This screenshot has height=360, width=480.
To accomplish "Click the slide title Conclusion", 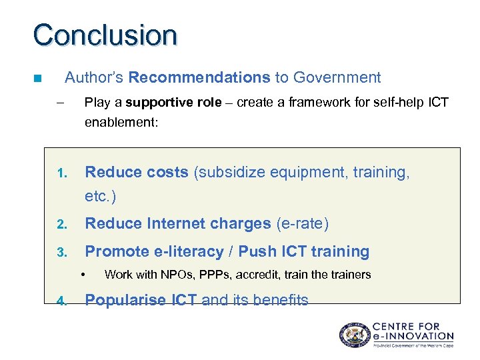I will [x=105, y=35].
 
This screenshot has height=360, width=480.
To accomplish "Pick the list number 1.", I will [x=61, y=174].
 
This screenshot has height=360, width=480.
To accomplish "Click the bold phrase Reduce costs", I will [x=137, y=172].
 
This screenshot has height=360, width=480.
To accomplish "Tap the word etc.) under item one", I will [x=101, y=197].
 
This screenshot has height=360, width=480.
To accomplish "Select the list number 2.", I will [x=61, y=225].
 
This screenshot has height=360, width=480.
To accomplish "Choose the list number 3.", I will [x=61, y=253].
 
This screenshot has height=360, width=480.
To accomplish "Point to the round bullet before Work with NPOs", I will [x=85, y=275].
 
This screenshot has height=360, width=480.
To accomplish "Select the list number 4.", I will [x=61, y=301].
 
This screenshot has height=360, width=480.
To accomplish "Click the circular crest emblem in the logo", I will [x=353, y=335].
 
